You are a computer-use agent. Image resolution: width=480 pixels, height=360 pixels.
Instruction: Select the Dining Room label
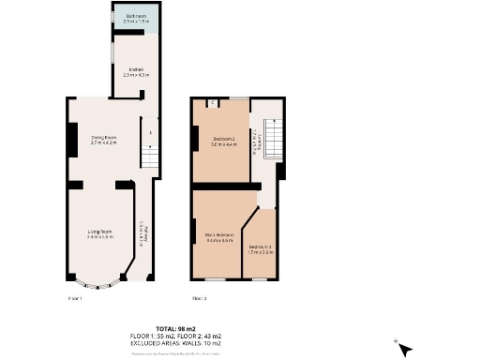[x=103, y=141]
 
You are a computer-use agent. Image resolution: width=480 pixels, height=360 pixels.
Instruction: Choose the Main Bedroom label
[x=218, y=238]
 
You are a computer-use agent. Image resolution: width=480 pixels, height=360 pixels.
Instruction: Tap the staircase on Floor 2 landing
[x=272, y=141]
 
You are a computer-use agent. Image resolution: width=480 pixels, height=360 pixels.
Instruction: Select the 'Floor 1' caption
[x=75, y=298]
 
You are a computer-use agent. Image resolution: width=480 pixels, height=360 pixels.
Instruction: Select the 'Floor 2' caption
[x=199, y=298]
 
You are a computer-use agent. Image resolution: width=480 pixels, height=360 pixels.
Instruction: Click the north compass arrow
[x=404, y=349]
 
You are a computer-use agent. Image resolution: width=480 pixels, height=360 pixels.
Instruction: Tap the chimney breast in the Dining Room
[x=71, y=141]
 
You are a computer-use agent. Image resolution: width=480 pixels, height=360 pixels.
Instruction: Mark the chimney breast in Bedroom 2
[x=194, y=140]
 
